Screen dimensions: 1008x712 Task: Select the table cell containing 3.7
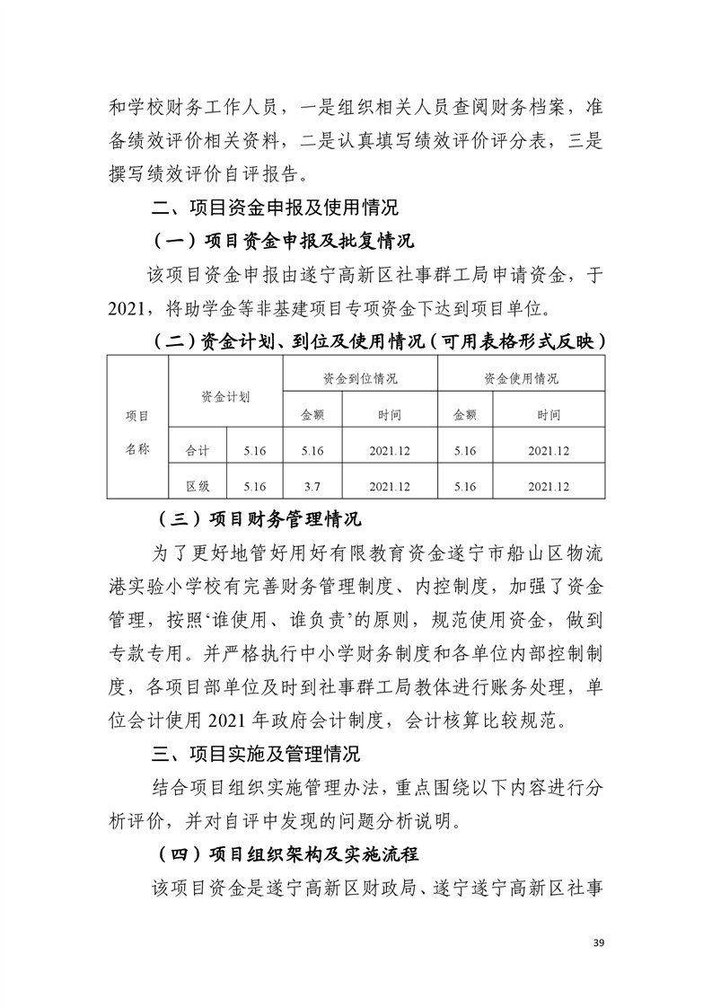pos(312,486)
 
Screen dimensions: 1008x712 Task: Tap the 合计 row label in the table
pos(198,451)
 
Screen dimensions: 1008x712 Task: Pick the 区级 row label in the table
pos(198,486)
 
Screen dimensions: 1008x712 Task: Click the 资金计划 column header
pos(225,395)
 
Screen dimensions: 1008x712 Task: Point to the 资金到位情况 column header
pos(360,378)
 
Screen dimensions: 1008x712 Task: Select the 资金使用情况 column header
pos(521,378)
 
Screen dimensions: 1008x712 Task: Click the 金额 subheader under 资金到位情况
pos(312,415)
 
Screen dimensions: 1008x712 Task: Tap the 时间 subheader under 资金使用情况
pos(549,415)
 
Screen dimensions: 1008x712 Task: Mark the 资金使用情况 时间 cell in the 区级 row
pos(549,486)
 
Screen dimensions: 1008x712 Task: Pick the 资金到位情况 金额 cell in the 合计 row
pos(312,451)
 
